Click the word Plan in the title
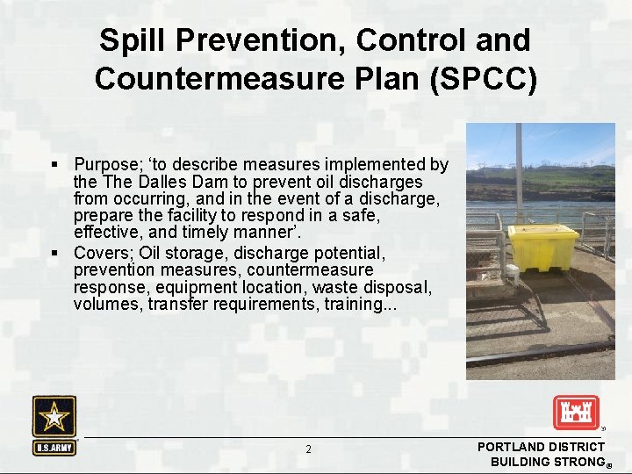point(384,78)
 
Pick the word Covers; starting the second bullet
point(104,253)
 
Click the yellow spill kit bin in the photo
point(542,247)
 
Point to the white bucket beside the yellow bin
point(513,275)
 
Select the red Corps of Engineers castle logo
point(575,413)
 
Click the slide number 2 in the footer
point(308,449)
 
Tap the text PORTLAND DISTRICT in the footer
point(541,447)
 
